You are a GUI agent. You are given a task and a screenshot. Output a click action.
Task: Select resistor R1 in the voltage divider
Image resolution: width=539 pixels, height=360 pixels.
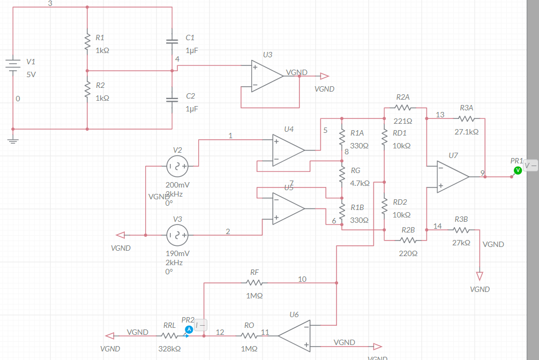click(x=87, y=42)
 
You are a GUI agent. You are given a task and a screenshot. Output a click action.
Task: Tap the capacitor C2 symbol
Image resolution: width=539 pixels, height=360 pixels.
click(x=172, y=100)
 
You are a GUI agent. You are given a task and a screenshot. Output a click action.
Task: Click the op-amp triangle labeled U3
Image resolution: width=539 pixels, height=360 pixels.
click(x=266, y=76)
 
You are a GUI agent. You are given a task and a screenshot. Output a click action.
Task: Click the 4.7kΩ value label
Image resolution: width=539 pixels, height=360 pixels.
click(x=360, y=183)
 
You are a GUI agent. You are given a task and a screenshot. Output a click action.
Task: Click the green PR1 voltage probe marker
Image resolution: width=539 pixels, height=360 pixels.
click(x=518, y=170)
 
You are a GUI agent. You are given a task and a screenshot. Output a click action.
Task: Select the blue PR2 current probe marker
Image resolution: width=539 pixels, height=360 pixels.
click(x=189, y=329)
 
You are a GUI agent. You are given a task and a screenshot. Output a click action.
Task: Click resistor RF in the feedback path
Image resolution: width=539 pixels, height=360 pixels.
click(x=254, y=282)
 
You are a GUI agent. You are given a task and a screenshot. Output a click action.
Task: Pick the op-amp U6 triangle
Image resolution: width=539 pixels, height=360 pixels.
click(x=294, y=335)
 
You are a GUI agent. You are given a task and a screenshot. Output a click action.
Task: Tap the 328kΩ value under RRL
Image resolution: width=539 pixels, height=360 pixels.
click(x=169, y=348)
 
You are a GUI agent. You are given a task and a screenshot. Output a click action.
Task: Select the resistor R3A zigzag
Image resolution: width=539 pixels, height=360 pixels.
click(x=466, y=119)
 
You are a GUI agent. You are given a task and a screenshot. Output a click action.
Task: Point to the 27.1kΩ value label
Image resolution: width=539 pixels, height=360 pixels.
click(x=466, y=131)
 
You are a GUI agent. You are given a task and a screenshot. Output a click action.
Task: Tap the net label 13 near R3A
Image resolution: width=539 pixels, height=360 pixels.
click(x=440, y=115)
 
